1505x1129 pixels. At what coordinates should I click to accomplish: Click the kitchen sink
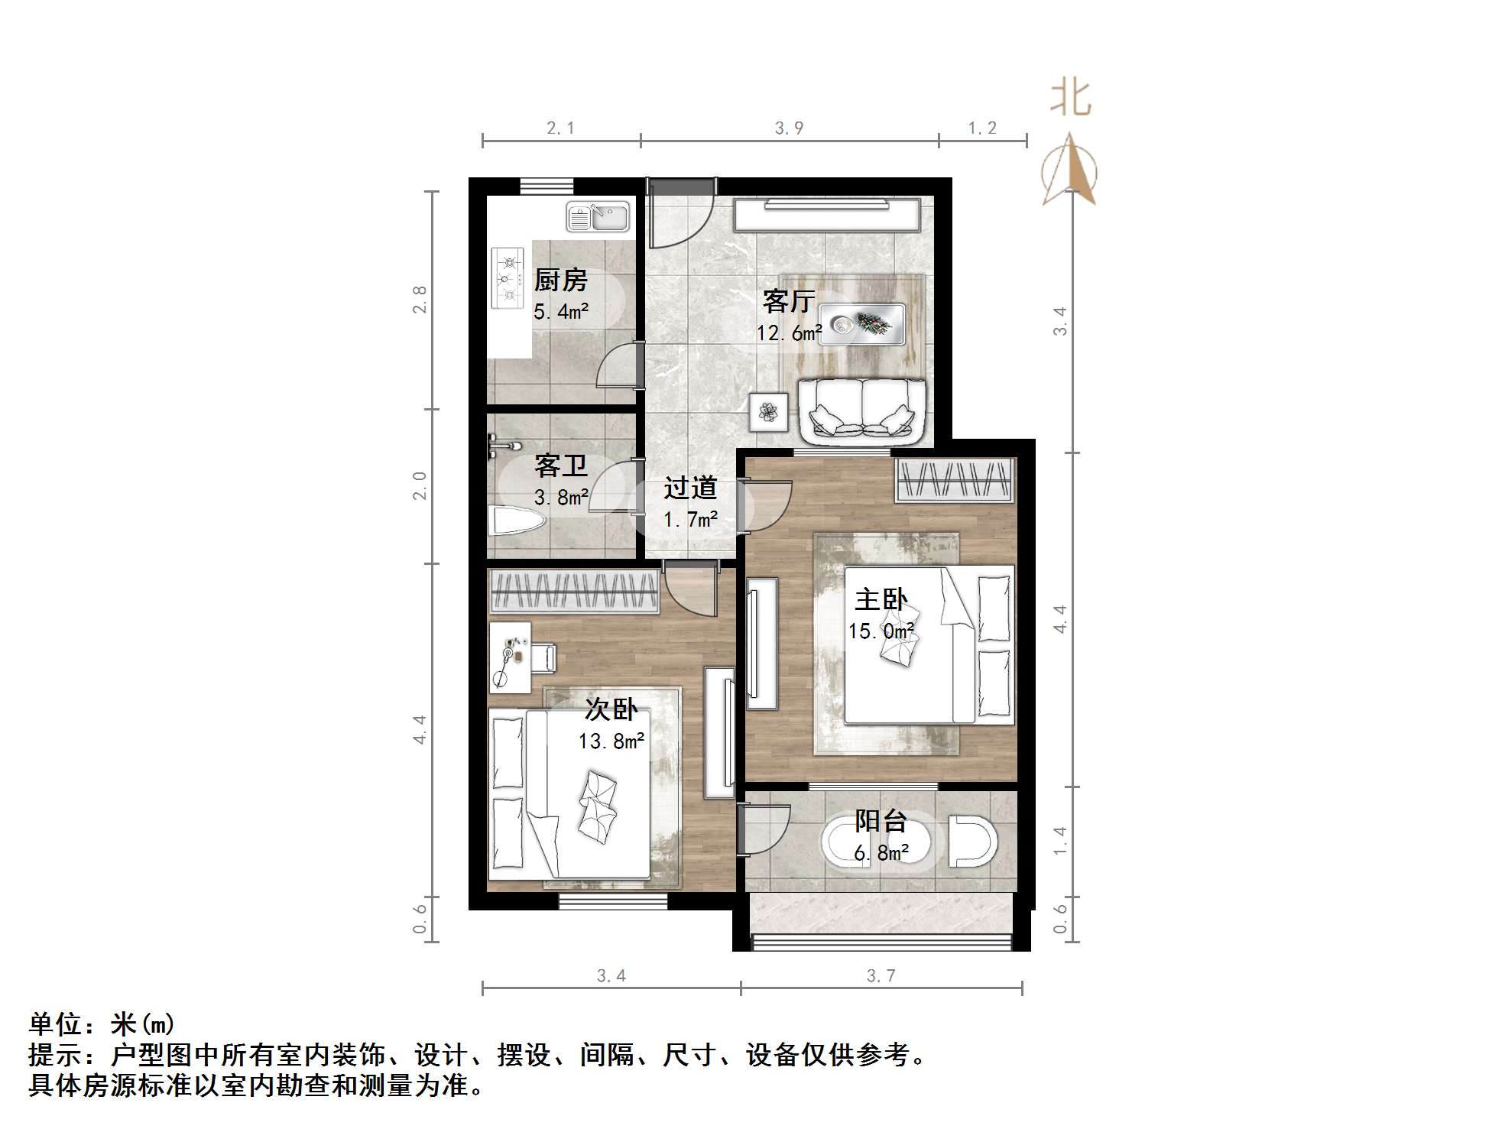[598, 217]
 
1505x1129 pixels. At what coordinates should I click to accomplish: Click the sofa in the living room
[862, 411]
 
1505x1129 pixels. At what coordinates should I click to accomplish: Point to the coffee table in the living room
[862, 323]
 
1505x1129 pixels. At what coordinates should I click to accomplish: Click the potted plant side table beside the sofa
[768, 413]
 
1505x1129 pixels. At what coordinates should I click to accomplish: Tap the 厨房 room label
[560, 281]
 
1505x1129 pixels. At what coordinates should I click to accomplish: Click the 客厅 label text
[788, 301]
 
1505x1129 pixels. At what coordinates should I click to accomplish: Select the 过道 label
[689, 488]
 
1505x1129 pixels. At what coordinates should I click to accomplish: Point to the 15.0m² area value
[881, 631]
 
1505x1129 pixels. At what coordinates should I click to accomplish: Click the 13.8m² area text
[611, 741]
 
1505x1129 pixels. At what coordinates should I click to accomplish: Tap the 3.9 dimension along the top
[789, 128]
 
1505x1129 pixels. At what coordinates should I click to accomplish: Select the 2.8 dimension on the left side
[419, 299]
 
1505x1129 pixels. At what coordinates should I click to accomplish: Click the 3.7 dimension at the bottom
[881, 975]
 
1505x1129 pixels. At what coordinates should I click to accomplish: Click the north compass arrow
[1070, 170]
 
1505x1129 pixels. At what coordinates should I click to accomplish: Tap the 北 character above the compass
[1070, 99]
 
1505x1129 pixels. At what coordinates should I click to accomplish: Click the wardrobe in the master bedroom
[954, 481]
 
